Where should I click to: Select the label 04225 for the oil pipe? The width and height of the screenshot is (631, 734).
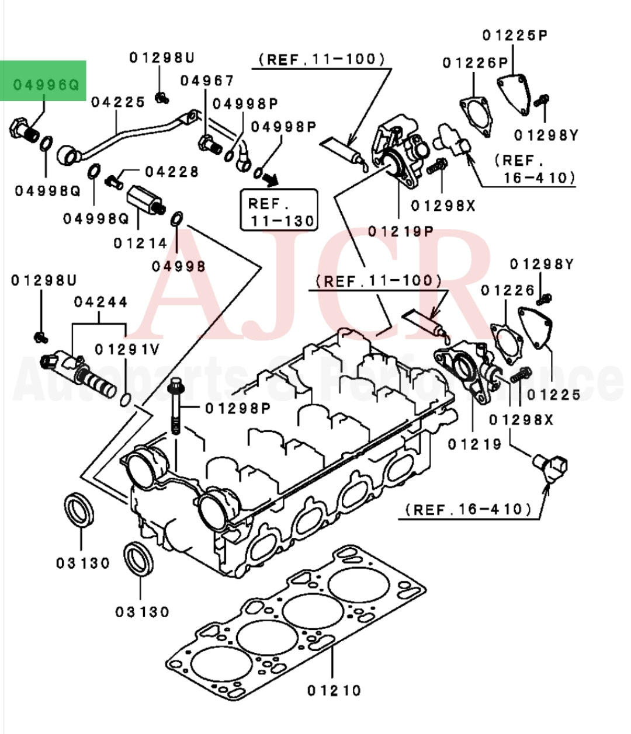click(118, 103)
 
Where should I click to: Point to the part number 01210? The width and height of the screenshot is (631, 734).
click(334, 691)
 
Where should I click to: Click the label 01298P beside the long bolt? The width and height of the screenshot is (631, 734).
click(238, 408)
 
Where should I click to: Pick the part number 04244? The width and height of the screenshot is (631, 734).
click(100, 302)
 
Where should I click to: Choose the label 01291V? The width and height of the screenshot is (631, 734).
click(127, 349)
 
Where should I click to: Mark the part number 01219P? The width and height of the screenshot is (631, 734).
click(401, 231)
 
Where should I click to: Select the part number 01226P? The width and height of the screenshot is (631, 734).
click(475, 62)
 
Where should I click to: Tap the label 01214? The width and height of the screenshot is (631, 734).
click(140, 243)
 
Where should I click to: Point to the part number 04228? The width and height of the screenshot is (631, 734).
click(172, 172)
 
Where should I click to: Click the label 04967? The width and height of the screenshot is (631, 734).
click(207, 81)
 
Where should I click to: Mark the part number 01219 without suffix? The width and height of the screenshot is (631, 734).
click(474, 444)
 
